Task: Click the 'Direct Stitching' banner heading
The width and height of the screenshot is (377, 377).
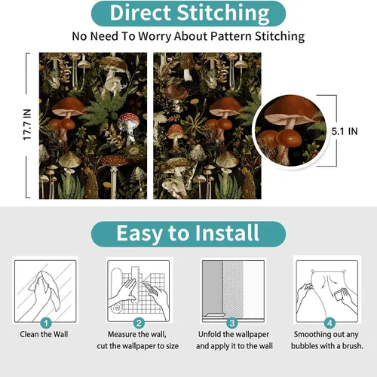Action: [x=189, y=14]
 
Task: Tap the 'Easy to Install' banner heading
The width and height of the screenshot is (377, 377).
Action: [x=188, y=233]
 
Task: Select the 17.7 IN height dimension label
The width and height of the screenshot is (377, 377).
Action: [x=27, y=124]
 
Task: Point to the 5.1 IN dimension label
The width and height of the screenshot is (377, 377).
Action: [x=345, y=131]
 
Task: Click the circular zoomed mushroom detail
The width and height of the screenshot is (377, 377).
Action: [x=291, y=130]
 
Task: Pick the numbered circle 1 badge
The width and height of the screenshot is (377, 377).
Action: [x=46, y=323]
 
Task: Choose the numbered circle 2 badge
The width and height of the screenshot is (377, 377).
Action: [x=139, y=323]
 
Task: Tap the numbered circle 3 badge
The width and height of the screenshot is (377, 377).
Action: [x=232, y=323]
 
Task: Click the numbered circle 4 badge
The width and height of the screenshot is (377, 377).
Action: [x=329, y=323]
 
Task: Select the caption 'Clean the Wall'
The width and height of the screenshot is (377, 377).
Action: [x=44, y=334]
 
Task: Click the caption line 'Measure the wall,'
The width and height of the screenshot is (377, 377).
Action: [x=137, y=334]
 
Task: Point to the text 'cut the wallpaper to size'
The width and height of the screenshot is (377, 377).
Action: [x=138, y=346]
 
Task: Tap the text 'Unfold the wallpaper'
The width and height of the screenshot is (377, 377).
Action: [x=234, y=334]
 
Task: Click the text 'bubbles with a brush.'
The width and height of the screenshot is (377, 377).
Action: [x=327, y=346]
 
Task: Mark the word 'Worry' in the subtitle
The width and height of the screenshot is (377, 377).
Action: [x=155, y=37]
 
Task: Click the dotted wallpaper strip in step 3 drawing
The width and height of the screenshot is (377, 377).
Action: [x=233, y=289]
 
